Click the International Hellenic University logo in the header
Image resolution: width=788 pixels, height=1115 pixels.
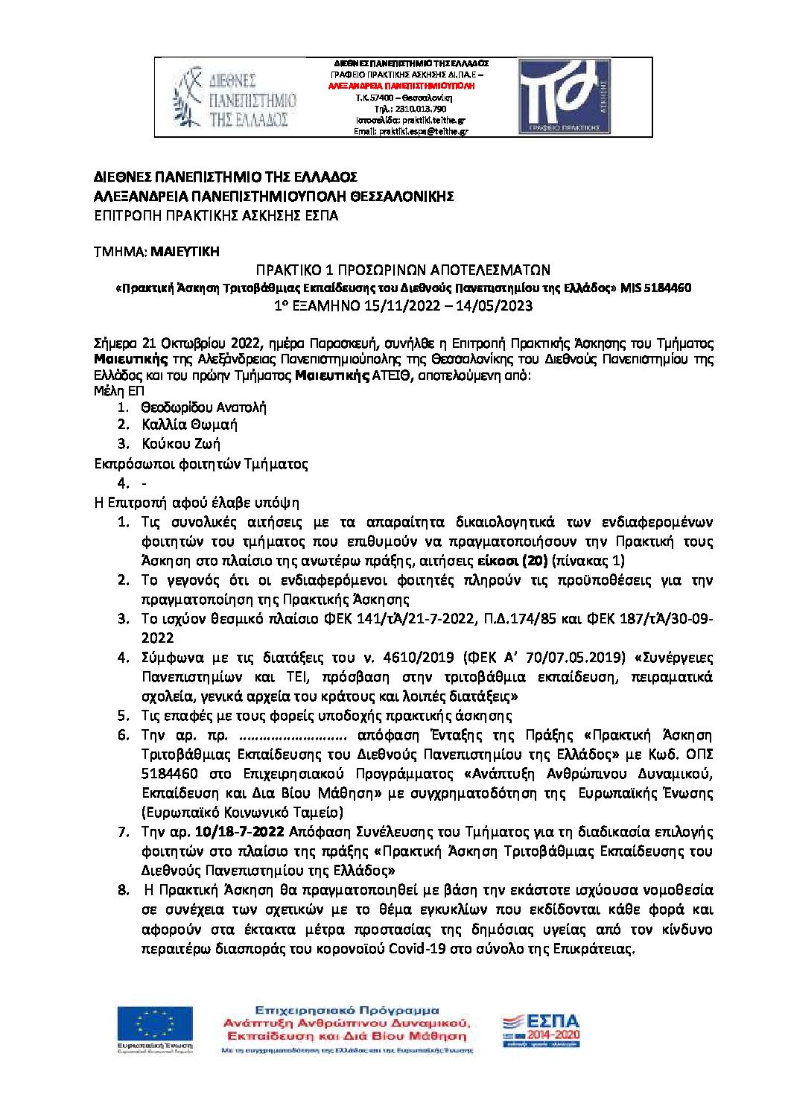pyautogui.click(x=234, y=98)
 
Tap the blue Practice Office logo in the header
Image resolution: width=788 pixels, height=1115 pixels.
pyautogui.click(x=565, y=97)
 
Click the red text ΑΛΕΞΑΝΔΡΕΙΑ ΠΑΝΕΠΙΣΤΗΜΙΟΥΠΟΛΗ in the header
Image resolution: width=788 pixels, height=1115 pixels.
pyautogui.click(x=401, y=86)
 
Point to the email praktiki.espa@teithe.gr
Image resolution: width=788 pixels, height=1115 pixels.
pyautogui.click(x=422, y=131)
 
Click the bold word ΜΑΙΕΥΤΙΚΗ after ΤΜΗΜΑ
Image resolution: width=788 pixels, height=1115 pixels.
pyautogui.click(x=185, y=252)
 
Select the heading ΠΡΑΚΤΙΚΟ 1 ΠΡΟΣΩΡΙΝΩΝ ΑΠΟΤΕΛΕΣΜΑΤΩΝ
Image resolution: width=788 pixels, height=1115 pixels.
pyautogui.click(x=403, y=270)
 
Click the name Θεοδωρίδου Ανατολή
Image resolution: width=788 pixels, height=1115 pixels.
pyautogui.click(x=203, y=407)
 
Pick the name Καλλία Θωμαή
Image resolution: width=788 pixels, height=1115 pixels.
pyautogui.click(x=189, y=425)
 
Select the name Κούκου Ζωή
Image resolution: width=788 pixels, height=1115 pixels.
pyautogui.click(x=181, y=444)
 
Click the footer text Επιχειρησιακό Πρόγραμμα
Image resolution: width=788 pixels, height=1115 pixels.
pyautogui.click(x=346, y=1011)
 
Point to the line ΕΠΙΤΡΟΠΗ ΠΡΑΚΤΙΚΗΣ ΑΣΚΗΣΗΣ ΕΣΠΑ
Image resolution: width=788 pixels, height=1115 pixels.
pyautogui.click(x=216, y=216)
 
